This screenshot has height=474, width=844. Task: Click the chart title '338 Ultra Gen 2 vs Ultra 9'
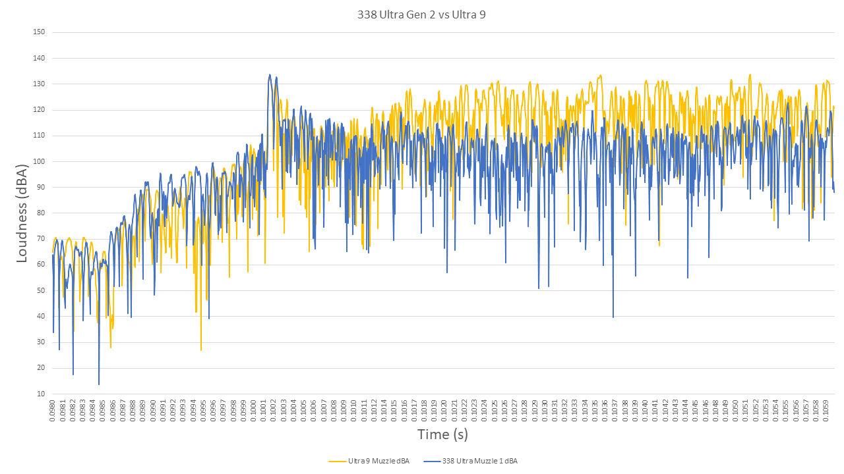point(421,14)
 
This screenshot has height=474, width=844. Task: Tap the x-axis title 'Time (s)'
point(442,434)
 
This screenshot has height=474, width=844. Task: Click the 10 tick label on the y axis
point(41,394)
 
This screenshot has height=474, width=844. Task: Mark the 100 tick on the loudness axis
point(39,161)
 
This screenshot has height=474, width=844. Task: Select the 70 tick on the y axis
point(41,239)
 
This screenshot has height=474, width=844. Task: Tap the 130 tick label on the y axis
point(39,84)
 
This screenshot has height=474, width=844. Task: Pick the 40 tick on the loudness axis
point(41,317)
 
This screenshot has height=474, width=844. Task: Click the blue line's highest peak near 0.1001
point(270,75)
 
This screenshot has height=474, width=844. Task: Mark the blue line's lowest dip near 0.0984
point(99,384)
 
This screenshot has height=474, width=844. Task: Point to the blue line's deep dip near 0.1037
point(613,317)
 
